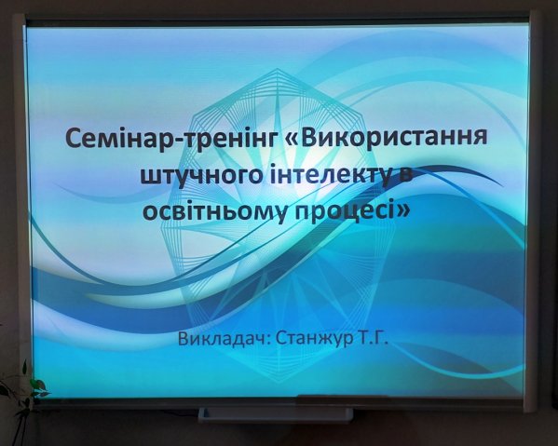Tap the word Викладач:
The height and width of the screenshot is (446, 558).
click(225, 338)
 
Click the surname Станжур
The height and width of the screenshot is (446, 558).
click(314, 338)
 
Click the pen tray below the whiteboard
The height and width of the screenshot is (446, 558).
click(276, 414)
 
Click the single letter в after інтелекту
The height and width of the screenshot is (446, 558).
click(405, 176)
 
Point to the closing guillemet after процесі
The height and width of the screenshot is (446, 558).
click(401, 211)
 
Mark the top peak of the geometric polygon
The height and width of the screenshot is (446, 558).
click(278, 69)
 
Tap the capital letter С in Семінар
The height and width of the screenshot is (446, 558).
click(74, 139)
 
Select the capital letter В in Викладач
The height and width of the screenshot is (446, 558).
click(184, 338)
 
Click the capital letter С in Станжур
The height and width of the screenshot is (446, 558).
click(282, 338)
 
